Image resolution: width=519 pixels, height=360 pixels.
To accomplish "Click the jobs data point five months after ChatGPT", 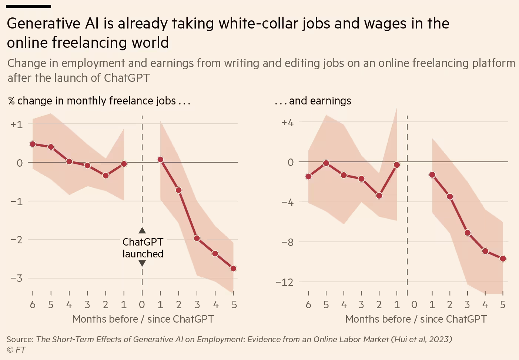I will point(233,269).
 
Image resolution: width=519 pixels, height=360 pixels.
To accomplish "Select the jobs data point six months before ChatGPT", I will point(33,144).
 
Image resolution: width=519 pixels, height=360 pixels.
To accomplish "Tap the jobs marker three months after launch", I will point(197,238).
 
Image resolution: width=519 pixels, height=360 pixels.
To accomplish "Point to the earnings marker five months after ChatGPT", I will point(503,259).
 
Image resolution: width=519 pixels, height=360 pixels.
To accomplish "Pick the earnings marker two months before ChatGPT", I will point(379,196).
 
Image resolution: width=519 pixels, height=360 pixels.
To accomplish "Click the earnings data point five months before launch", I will point(326,163).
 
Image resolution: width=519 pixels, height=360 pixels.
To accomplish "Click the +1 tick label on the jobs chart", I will point(17,124).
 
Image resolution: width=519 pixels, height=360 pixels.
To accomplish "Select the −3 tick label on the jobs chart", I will point(17,278).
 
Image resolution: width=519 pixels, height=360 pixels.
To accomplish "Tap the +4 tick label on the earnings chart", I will point(287,123).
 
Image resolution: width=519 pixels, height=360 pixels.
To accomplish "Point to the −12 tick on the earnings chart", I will point(284,282).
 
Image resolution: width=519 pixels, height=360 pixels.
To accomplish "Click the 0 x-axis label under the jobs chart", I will point(142,305).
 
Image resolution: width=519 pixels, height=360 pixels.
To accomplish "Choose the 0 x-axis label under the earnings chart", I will point(414,305).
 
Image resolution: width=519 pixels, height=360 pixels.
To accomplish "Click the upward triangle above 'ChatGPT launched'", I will point(142,230).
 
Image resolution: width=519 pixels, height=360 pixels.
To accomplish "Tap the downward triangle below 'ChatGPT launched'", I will point(142,263).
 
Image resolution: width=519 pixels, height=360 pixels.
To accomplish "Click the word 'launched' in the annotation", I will point(143,254).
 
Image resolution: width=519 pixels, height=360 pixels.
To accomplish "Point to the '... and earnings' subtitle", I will point(313,101).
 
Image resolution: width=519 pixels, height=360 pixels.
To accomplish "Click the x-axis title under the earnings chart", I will point(416,319).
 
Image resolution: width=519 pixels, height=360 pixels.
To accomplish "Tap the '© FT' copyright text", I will point(16,350).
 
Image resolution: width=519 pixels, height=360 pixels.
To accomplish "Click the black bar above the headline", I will point(29,6).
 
